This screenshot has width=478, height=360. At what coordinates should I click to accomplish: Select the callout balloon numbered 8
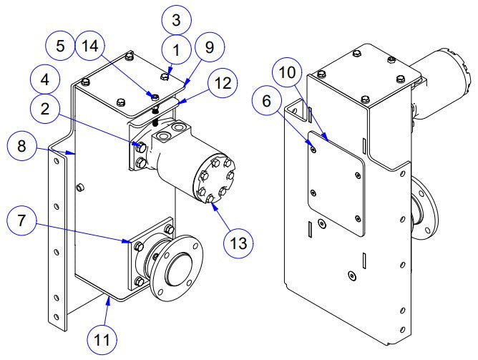(x=22, y=149)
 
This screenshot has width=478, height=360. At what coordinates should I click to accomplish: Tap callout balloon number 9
(x=209, y=48)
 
